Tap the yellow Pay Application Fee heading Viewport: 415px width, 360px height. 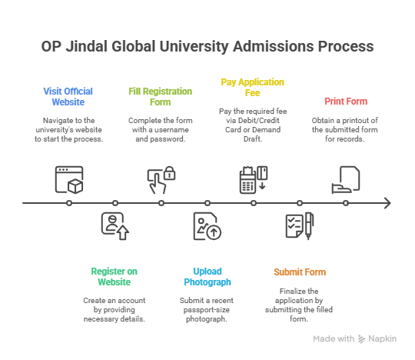coord(253,88)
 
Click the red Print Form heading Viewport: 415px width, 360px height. coord(345,102)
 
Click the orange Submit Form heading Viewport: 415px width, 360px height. coord(300,272)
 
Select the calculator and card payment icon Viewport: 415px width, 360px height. coord(253,178)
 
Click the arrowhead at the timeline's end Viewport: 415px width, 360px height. coord(387,203)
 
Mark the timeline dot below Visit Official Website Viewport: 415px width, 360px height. coord(69,203)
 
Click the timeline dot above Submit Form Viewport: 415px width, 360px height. coord(300,203)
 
